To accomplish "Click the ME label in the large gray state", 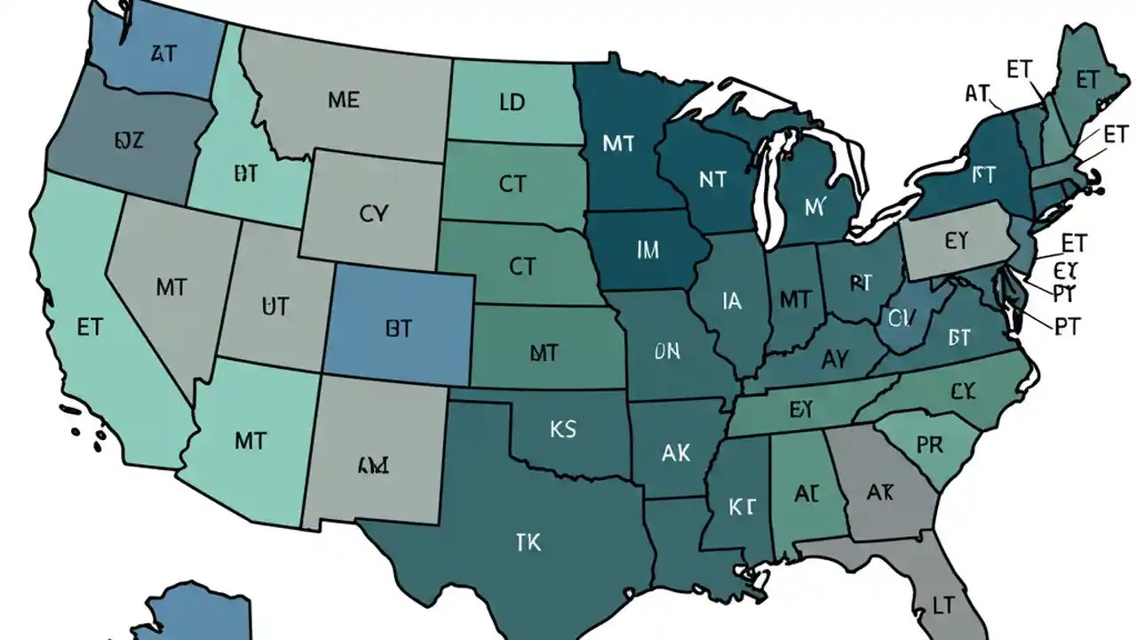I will tap(344, 100).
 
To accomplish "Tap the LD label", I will tap(512, 102).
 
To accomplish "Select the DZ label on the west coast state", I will tap(129, 140).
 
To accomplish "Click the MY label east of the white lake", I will tap(815, 207).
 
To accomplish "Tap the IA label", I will tap(732, 302).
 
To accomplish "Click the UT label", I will tap(275, 308).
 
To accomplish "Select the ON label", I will tap(666, 353).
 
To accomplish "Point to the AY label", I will tap(835, 359).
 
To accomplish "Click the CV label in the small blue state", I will tap(900, 317).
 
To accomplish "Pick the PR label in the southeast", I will tap(929, 444).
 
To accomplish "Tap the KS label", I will tap(563, 430).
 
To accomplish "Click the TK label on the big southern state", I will tap(528, 541).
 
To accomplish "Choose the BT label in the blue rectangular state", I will tap(399, 329).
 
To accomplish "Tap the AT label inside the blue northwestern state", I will tap(163, 54).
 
